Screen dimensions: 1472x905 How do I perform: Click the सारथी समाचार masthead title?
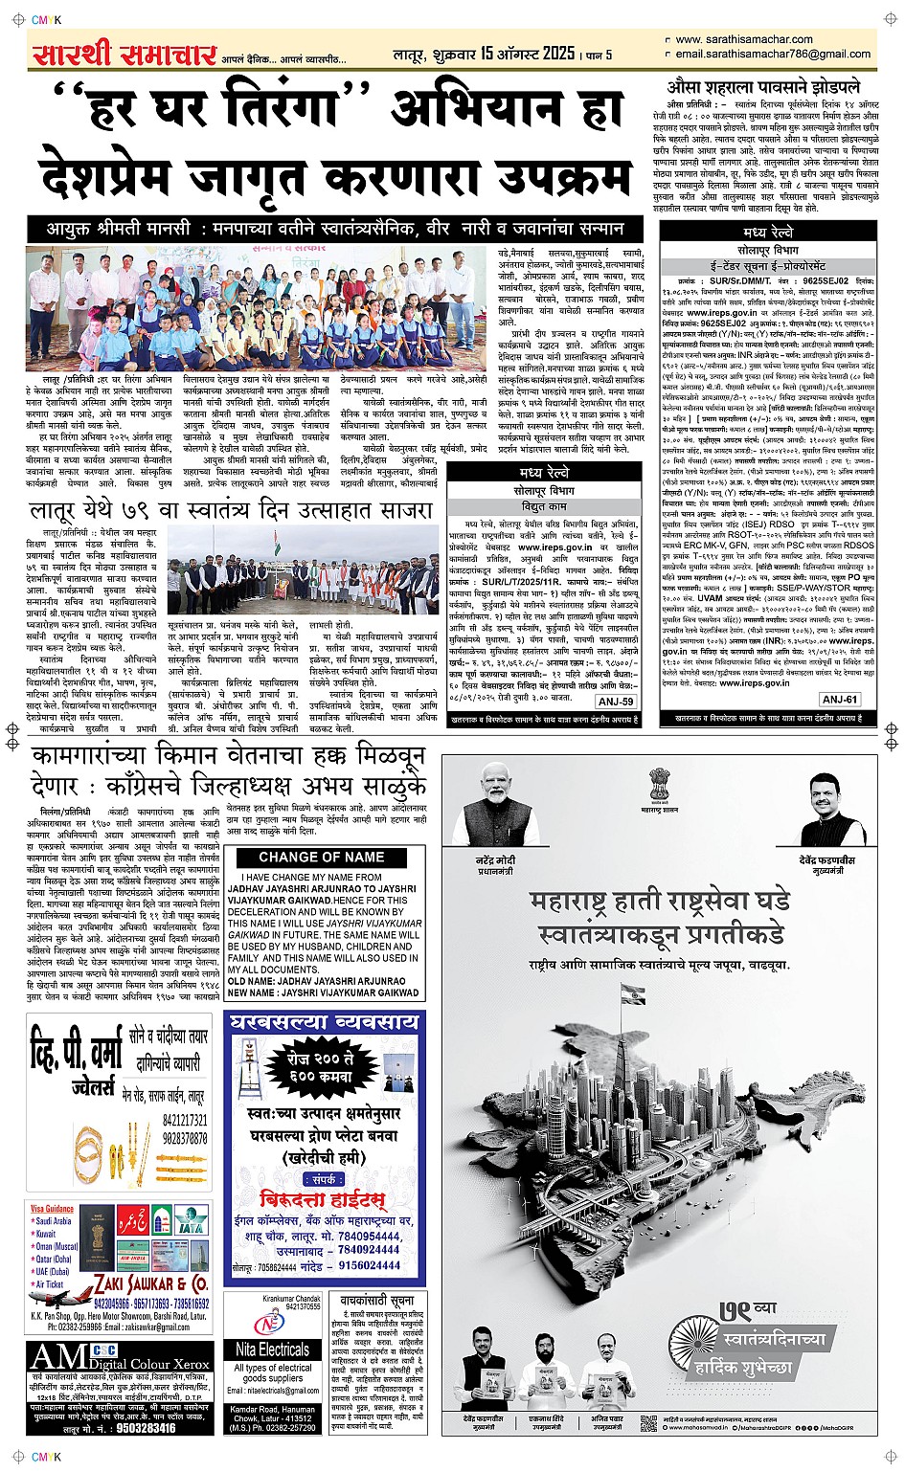click(x=124, y=55)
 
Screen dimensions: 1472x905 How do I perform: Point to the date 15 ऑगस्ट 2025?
click(x=528, y=54)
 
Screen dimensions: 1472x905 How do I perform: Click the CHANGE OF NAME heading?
click(x=321, y=858)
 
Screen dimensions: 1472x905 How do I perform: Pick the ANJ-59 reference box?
click(x=615, y=702)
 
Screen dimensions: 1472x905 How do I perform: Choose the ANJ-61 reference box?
click(x=839, y=700)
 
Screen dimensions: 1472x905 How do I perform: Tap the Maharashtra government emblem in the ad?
click(x=660, y=787)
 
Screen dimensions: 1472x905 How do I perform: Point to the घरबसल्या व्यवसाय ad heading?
click(x=326, y=1022)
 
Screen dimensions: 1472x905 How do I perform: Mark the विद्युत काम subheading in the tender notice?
click(x=544, y=506)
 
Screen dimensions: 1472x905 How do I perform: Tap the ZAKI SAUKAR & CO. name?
click(x=150, y=1282)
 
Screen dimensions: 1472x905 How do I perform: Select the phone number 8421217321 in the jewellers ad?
click(x=184, y=1120)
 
